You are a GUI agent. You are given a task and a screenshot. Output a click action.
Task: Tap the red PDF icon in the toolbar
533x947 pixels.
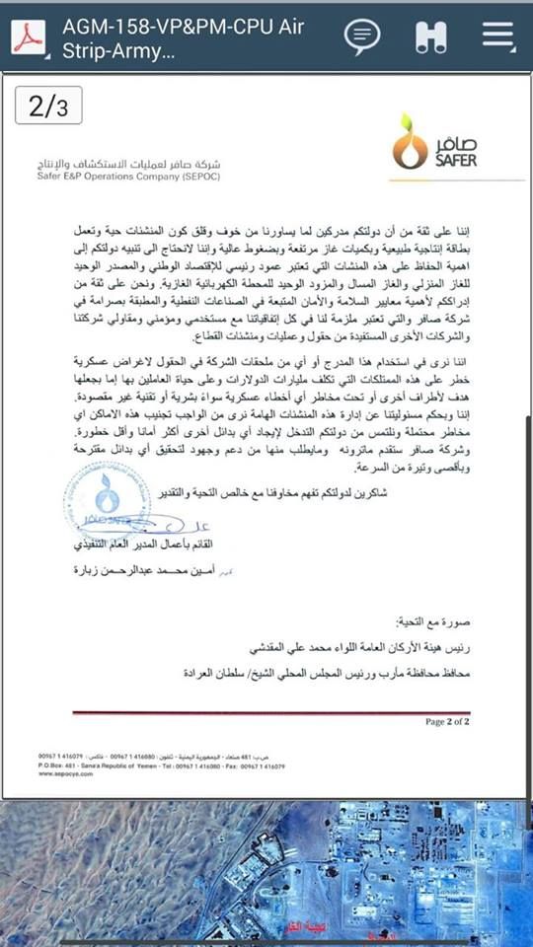29,36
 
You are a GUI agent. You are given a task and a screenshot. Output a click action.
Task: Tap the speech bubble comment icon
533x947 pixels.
362,36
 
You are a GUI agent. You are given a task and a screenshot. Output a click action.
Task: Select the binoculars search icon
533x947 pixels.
430,36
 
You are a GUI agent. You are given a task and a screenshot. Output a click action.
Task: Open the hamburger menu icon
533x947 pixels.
498,36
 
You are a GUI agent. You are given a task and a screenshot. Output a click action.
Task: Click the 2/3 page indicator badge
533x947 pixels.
48,106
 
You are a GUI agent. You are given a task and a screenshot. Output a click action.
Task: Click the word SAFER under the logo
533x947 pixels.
455,159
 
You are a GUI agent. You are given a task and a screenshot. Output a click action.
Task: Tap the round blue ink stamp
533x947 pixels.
106,496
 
